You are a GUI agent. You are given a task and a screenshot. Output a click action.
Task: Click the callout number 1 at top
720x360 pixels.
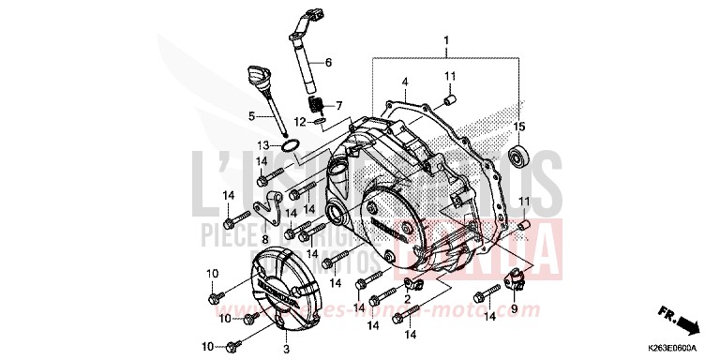click(446, 40)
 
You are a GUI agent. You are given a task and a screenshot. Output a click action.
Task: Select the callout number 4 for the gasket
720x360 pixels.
click(405, 82)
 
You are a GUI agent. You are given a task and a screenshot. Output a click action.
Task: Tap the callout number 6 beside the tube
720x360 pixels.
click(329, 62)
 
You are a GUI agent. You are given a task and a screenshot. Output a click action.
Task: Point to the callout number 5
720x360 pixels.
click(251, 116)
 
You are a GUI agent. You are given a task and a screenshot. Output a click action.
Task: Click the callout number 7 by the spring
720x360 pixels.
click(339, 105)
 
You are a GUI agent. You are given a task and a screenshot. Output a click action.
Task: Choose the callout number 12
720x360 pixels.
click(299, 121)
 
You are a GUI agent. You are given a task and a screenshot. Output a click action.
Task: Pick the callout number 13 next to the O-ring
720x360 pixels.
click(265, 145)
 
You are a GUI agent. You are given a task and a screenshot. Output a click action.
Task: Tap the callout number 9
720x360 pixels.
click(513, 307)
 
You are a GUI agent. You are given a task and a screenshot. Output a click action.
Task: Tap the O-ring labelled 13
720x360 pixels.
click(291, 146)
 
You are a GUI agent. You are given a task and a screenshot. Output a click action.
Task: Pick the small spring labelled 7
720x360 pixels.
click(317, 102)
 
